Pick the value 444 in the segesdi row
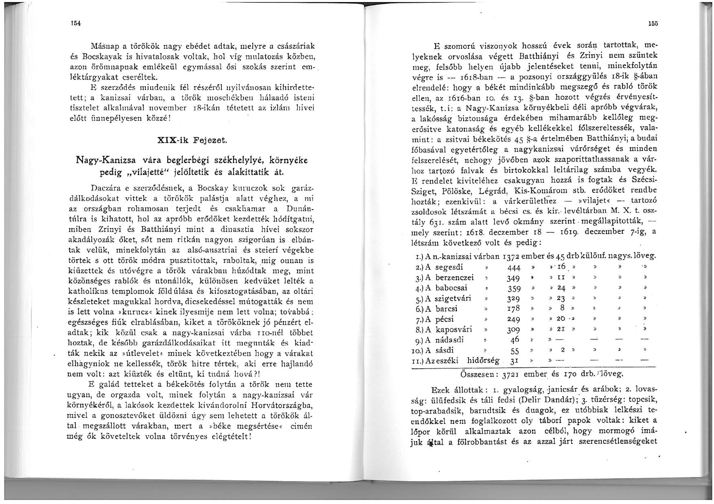514,268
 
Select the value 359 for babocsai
514,289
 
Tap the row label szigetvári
453,299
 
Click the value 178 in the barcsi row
513,309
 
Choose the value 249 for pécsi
514,319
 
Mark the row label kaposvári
453,329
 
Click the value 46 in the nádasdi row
515,340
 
